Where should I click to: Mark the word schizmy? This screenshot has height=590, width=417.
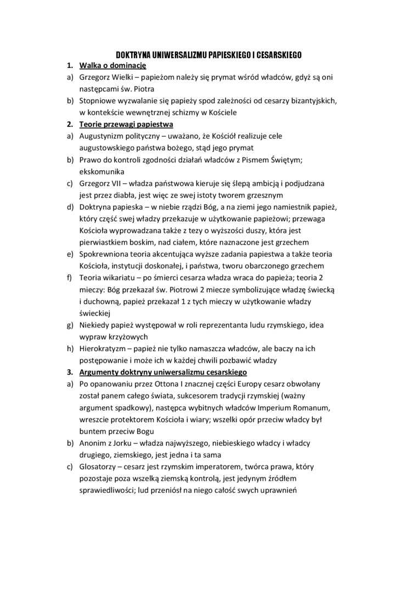pos(206,113)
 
